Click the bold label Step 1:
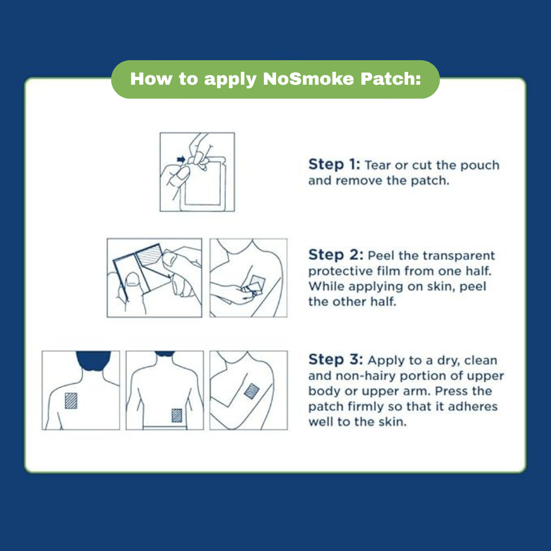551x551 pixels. pos(334,165)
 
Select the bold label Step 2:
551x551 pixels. pos(335,255)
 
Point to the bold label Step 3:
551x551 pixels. pos(335,360)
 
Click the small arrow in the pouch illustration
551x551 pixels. pos(181,160)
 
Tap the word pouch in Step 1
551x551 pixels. pos(481,165)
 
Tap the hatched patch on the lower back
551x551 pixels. pos(177,414)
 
